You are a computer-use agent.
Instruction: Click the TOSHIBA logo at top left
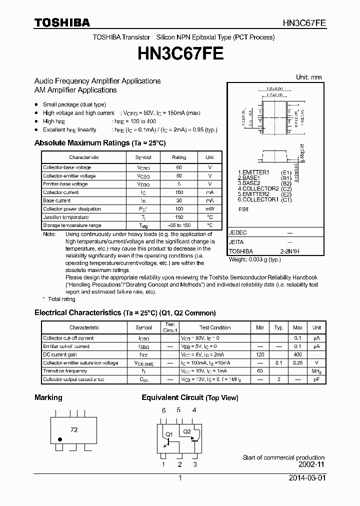coord(62,22)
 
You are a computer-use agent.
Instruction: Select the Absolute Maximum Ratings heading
coord(99,143)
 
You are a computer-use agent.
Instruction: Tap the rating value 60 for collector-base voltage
coord(179,167)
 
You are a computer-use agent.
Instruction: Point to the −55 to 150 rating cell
coord(179,225)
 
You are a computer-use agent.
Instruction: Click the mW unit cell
coord(209,209)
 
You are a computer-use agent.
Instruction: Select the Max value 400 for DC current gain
coord(298,354)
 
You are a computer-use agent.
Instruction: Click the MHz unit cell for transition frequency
coord(316,371)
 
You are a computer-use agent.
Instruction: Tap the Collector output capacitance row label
coord(73,379)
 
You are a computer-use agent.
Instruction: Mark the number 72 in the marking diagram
coord(74,429)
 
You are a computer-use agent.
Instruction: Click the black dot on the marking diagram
coord(60,439)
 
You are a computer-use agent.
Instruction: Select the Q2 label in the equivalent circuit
coord(186,431)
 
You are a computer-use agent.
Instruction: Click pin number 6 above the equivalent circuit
coord(163,410)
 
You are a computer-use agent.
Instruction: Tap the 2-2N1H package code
coord(289,251)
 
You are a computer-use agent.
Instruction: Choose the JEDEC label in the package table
coord(237,233)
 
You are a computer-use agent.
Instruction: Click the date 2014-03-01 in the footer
coord(306,478)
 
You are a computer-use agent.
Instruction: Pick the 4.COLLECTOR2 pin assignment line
coord(258,188)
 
